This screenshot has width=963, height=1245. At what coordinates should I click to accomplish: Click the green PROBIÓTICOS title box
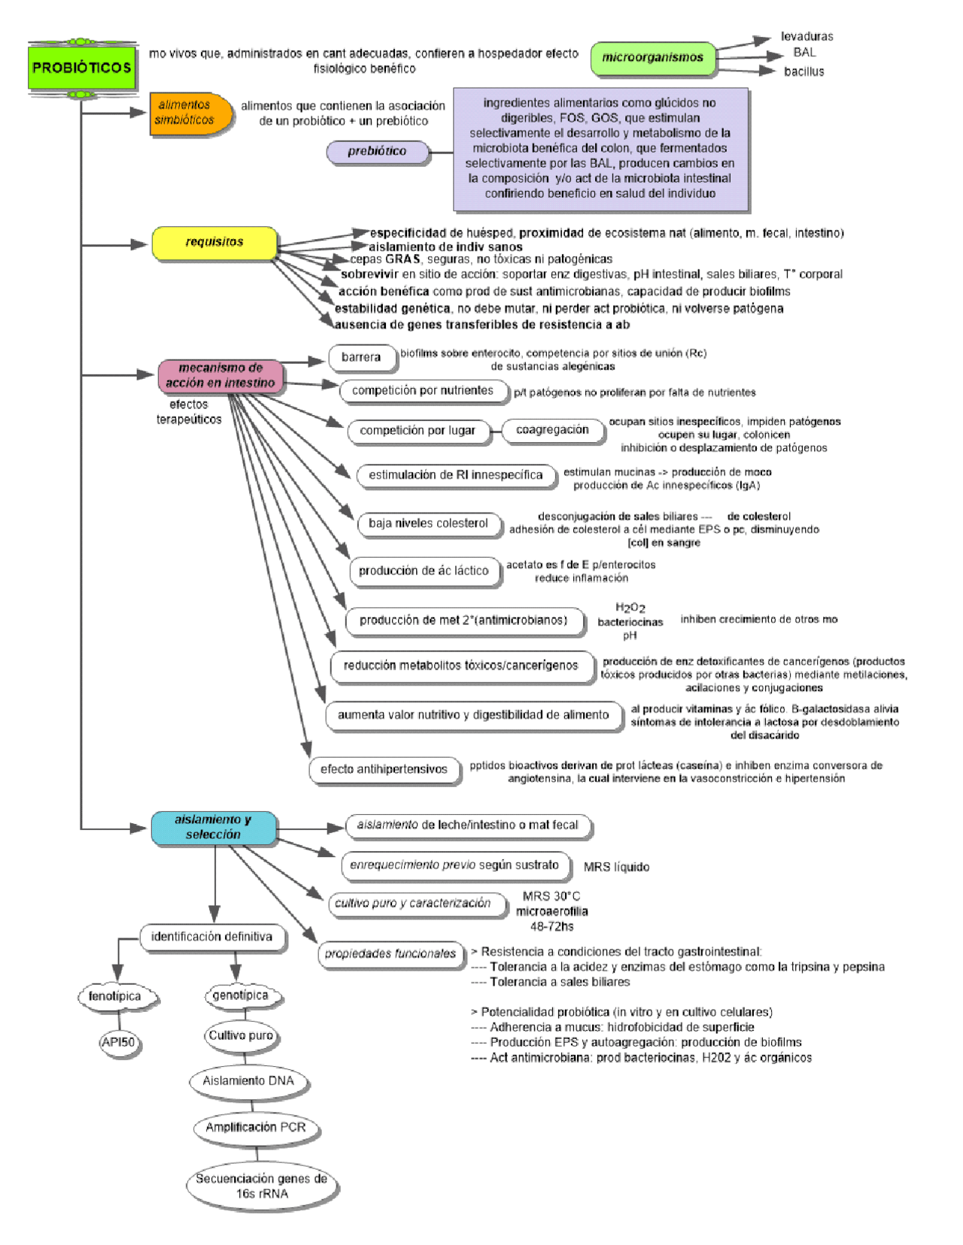coord(81,68)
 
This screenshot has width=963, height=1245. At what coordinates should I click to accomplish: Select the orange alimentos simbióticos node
coord(187,113)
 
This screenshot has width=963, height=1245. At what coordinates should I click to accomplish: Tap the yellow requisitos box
coord(214,242)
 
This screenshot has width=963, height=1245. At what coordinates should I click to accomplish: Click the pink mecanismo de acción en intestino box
coord(220,375)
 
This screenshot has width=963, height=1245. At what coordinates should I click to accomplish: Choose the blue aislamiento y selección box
coord(213,827)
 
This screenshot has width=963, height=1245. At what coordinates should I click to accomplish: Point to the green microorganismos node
coord(652,58)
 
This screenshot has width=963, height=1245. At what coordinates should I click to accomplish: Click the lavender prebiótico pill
coord(377,151)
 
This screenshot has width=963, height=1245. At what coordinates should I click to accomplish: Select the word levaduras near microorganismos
coord(807,36)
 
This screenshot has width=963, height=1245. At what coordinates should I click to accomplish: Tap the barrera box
coord(361,357)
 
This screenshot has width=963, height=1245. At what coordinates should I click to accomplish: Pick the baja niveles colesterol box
coord(428,523)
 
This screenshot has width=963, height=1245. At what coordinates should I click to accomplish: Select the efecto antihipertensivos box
coord(384,769)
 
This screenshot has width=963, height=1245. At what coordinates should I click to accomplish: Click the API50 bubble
coord(118,1042)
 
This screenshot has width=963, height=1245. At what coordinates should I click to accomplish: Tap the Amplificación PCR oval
coord(256,1127)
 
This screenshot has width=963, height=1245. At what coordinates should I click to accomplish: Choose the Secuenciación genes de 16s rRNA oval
coord(261,1186)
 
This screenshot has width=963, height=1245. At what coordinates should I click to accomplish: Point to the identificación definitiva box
coord(212,937)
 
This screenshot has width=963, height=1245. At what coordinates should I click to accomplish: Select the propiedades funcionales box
coord(390,953)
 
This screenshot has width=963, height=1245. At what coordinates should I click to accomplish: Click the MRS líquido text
coord(616,867)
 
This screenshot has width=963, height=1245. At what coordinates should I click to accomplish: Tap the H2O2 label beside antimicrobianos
coord(630,607)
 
